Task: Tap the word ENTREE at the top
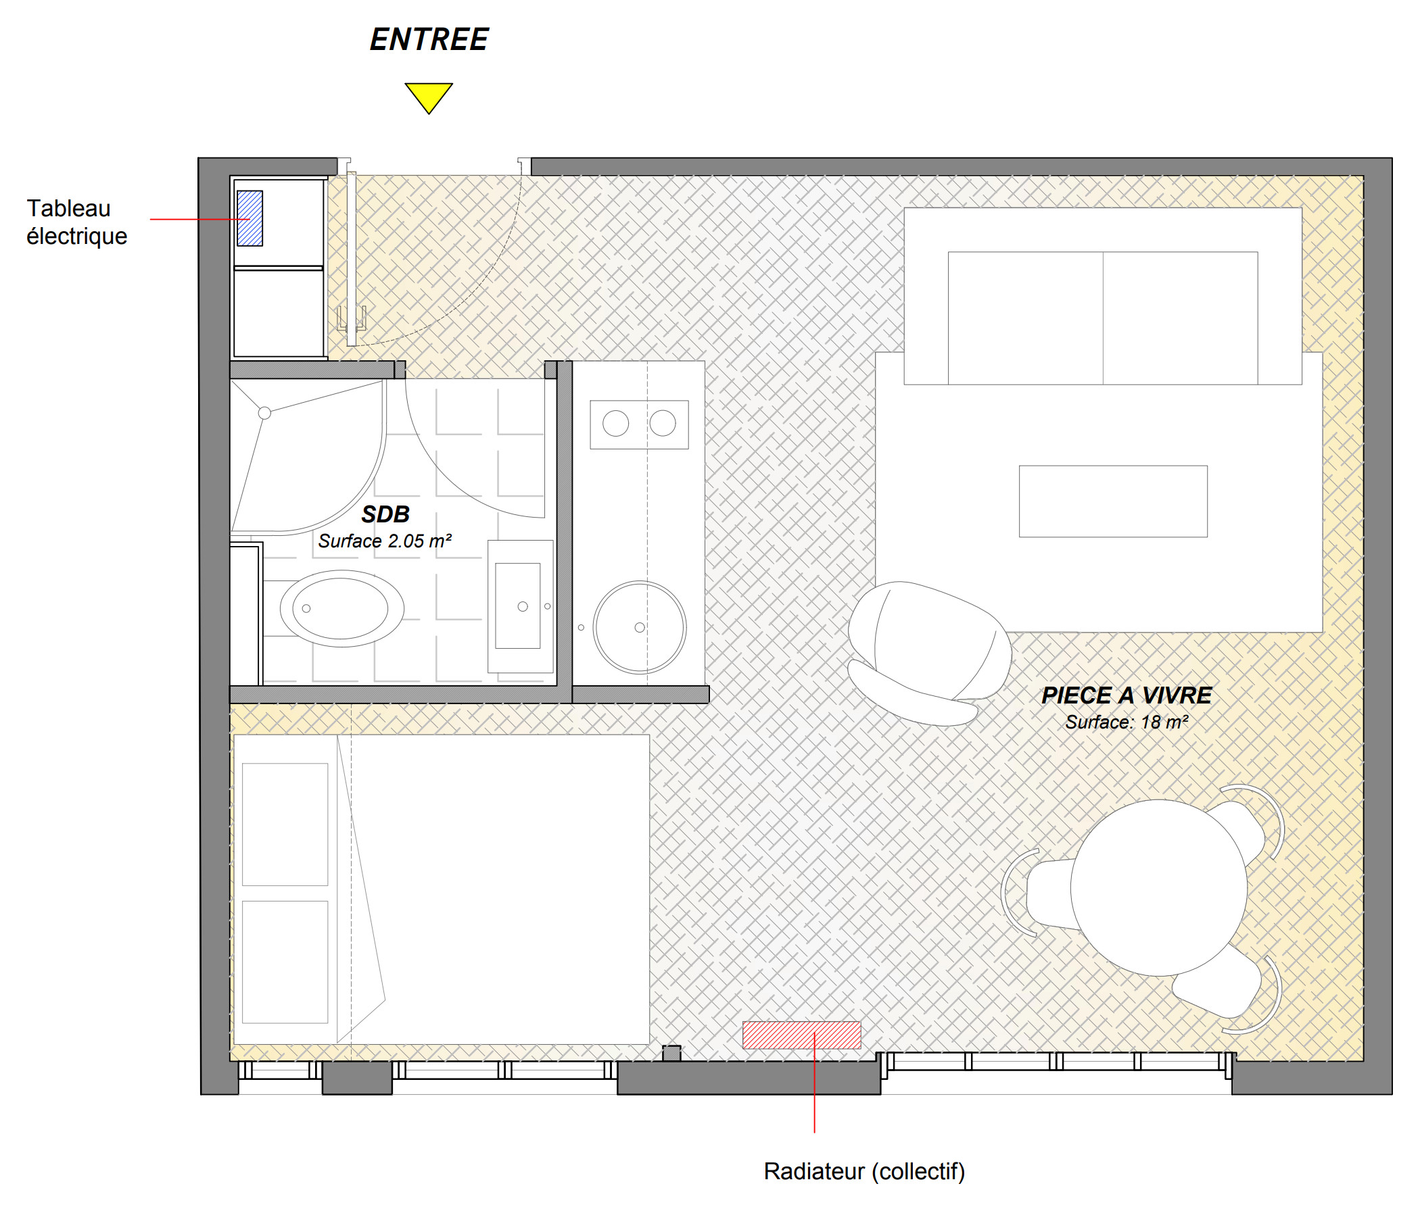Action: coord(429,39)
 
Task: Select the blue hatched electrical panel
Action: coord(250,218)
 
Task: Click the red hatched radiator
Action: coord(801,1035)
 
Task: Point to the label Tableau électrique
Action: coord(77,222)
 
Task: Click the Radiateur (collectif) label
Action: coord(864,1170)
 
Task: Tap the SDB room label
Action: coord(385,514)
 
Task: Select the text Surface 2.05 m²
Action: coord(385,541)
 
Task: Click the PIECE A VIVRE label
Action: coord(1126,695)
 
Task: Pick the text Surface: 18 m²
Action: coord(1126,722)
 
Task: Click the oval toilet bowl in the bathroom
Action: coord(341,608)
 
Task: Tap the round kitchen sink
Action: coord(640,627)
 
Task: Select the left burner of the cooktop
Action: coord(615,423)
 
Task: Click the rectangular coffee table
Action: coord(1113,501)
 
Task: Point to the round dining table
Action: coord(1158,888)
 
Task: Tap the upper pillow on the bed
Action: coord(285,824)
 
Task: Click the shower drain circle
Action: coord(264,413)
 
